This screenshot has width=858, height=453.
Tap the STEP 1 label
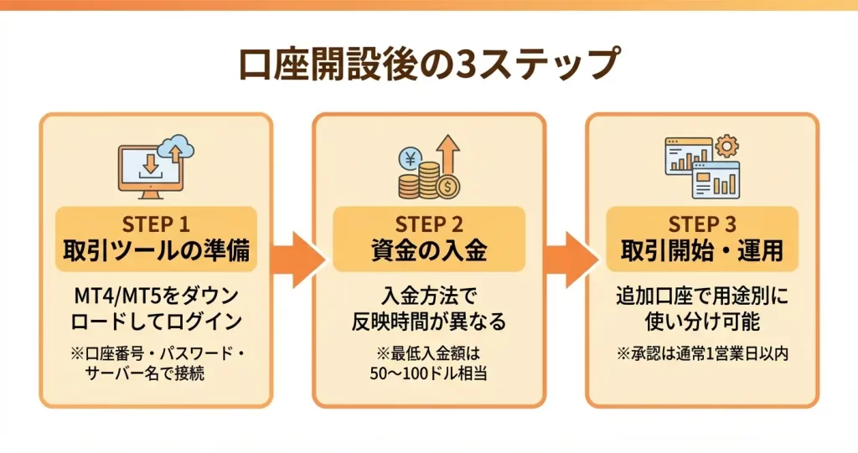pos(156,225)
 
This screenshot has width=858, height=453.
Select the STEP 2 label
pos(429,225)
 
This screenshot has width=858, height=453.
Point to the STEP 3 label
pos(702,225)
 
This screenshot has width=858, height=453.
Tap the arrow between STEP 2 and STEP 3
pos(566,255)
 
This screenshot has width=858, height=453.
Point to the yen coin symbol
pos(412,157)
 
